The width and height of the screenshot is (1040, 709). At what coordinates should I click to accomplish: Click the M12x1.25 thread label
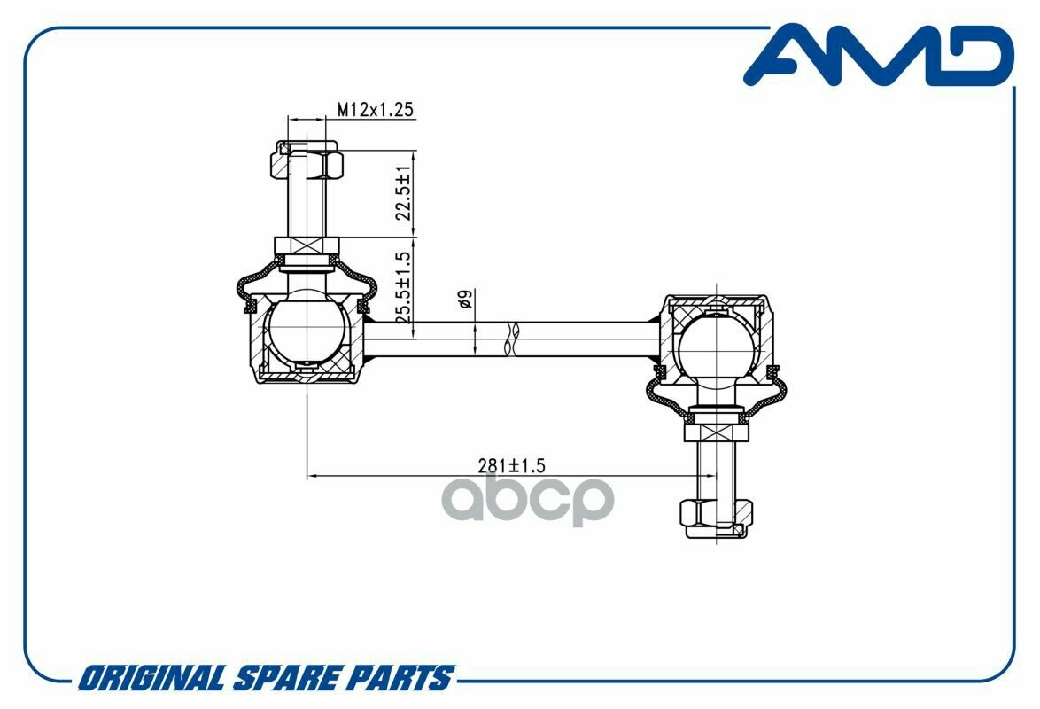376,109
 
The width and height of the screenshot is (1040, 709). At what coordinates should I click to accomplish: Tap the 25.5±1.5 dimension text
403,287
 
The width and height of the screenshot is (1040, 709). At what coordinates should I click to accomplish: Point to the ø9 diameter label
465,300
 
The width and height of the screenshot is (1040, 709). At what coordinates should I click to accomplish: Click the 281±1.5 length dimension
511,465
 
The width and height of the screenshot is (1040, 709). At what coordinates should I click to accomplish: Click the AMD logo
879,55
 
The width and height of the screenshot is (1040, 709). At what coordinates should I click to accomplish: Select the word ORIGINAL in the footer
151,679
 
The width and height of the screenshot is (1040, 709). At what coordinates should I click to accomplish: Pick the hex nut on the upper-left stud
307,160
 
